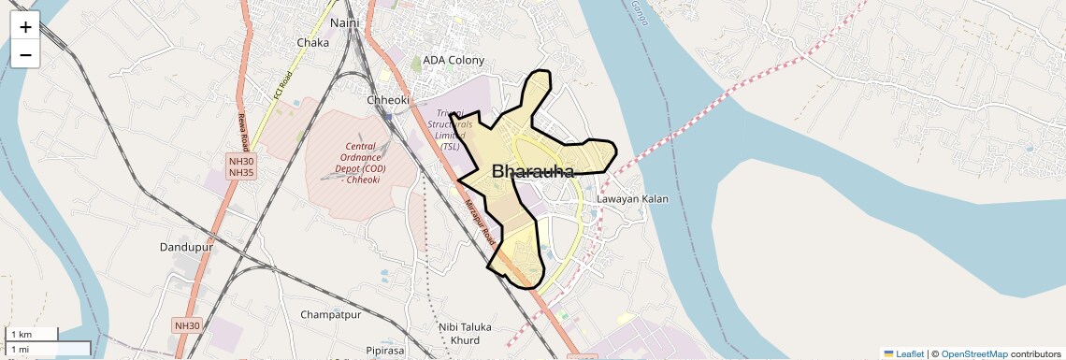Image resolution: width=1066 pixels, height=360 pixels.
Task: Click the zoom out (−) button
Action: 25,54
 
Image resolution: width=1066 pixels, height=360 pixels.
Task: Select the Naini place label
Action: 344,22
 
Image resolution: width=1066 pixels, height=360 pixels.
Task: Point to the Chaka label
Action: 312,43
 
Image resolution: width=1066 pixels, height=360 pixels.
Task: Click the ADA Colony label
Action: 454,61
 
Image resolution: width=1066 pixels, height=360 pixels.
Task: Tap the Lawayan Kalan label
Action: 632,199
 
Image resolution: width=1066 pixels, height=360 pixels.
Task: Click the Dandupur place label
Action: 188,248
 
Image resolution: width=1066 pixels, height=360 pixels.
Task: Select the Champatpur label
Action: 331,315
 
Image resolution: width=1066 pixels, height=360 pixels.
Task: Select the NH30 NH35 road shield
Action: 241,167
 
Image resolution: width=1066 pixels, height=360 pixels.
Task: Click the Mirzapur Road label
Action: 480,223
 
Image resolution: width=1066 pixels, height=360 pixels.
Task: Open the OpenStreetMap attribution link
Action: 973,353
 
